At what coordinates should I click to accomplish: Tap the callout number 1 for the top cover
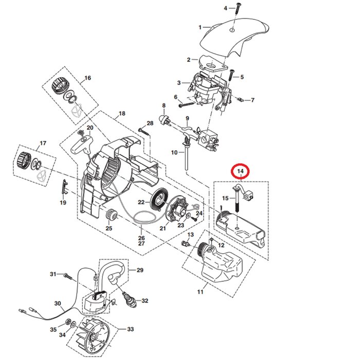[x=201, y=27]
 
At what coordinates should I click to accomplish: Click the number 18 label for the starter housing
[x=121, y=113]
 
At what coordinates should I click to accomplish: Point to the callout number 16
[x=87, y=78]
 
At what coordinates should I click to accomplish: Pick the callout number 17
[x=43, y=143]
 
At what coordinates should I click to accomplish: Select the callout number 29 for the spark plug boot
[x=139, y=270]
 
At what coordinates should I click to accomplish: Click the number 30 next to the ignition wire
[x=58, y=303]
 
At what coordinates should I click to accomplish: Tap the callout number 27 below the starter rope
[x=141, y=245]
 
